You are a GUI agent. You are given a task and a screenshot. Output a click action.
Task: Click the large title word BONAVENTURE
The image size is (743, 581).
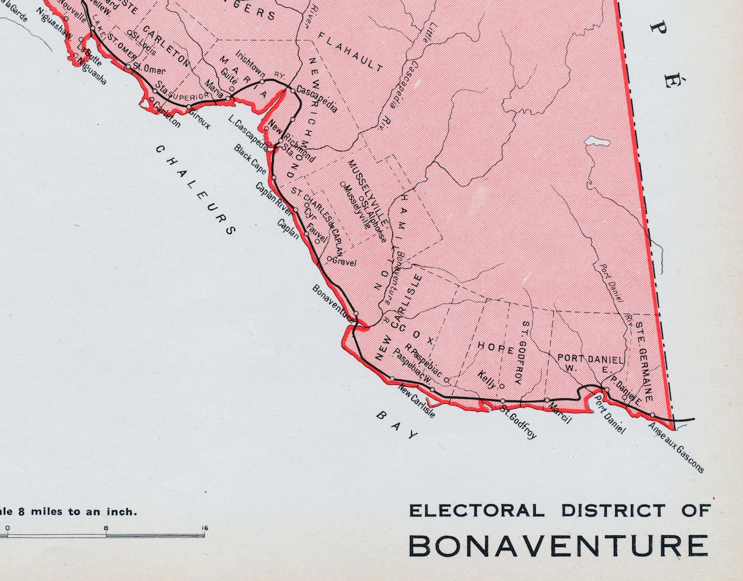[558, 546]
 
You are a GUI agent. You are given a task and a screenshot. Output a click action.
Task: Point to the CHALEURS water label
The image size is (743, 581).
[195, 189]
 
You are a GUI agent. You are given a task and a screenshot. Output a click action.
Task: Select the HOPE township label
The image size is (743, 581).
[496, 348]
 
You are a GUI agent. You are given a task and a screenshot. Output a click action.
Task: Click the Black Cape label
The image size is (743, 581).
[250, 158]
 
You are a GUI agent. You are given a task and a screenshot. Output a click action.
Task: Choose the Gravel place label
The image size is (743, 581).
[344, 262]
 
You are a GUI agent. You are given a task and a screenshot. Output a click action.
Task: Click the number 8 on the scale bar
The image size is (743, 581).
[106, 528]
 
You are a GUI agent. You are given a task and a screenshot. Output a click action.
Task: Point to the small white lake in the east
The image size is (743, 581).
[597, 142]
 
